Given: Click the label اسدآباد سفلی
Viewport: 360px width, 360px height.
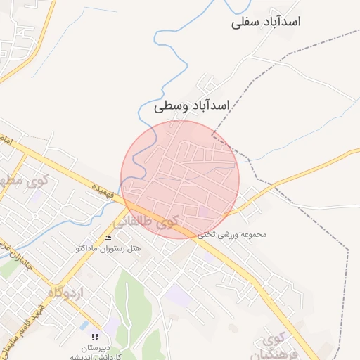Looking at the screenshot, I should (266, 22).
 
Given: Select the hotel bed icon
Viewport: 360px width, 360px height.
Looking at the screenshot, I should (108, 238).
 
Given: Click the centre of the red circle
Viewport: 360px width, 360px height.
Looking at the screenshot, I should (180, 179).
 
